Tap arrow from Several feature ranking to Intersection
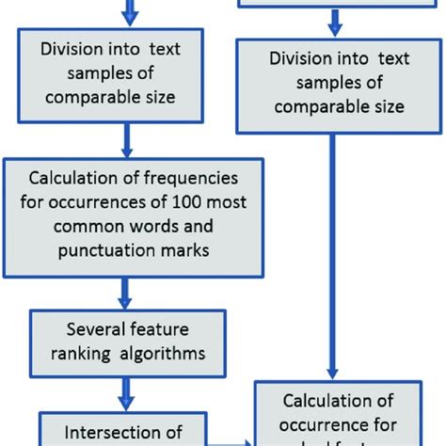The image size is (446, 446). click(x=124, y=390)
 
